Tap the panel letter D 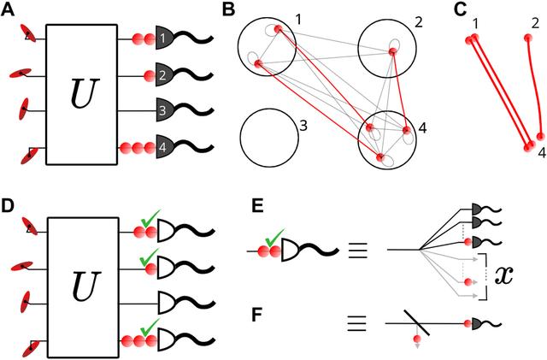tap(9, 207)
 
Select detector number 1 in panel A tap(163, 39)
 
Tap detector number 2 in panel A tap(163, 75)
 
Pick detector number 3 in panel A tap(163, 110)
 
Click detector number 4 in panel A tap(163, 146)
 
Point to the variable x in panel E tap(505, 275)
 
